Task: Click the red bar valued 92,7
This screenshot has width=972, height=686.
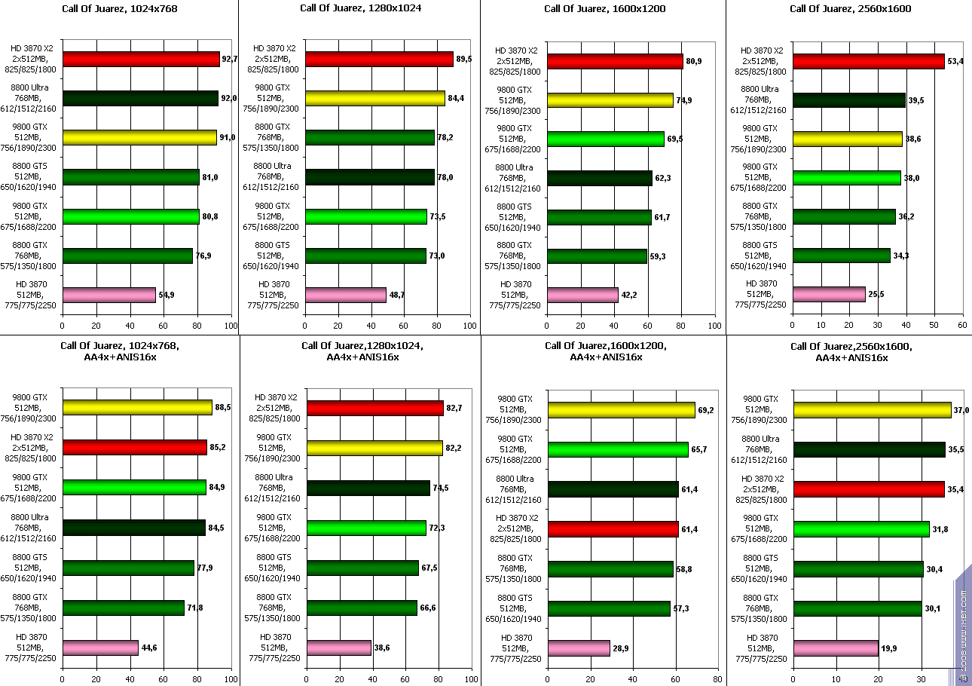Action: click(141, 59)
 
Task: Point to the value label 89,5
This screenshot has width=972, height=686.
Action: click(464, 59)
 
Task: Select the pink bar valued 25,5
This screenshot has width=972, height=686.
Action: click(828, 294)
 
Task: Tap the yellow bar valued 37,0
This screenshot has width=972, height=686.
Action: click(872, 409)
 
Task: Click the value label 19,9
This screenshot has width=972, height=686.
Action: click(890, 648)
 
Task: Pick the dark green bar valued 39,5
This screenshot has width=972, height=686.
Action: click(848, 100)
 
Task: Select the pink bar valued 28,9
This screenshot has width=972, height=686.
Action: click(579, 648)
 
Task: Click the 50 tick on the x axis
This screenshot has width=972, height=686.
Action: click(934, 326)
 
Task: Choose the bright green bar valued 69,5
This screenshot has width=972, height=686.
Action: click(606, 139)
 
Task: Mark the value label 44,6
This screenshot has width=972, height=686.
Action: click(150, 648)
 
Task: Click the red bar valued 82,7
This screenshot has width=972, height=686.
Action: click(374, 408)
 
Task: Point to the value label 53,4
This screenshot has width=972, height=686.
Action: click(955, 61)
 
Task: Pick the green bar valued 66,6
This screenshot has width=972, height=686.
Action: click(362, 608)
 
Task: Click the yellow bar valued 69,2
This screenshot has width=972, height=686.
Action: click(621, 410)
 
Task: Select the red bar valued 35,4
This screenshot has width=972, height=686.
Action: click(869, 488)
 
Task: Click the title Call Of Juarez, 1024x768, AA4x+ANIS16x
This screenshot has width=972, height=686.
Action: click(120, 351)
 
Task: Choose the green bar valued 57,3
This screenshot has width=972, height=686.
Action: click(609, 608)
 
